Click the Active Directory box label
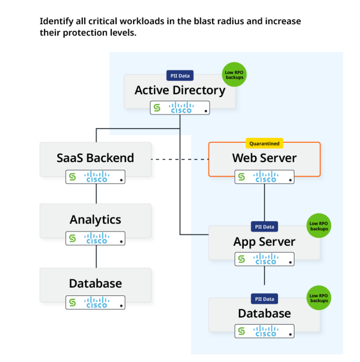[x=180, y=90]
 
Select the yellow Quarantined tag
[x=264, y=144]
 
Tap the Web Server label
[x=264, y=158]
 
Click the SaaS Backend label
[x=95, y=158]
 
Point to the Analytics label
[x=95, y=220]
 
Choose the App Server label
[x=264, y=242]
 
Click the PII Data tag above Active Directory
[x=180, y=75]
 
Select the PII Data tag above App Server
[x=264, y=227]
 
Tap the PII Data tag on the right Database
[x=264, y=299]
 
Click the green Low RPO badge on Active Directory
[x=234, y=74]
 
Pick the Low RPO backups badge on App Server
[x=319, y=226]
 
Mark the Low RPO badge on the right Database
[x=319, y=298]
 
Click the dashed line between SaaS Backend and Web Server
[x=180, y=160]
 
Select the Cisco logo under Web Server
[x=266, y=177]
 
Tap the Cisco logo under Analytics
[x=97, y=238]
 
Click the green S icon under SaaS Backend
[x=72, y=177]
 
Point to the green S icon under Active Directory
[x=157, y=108]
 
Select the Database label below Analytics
[x=95, y=283]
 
